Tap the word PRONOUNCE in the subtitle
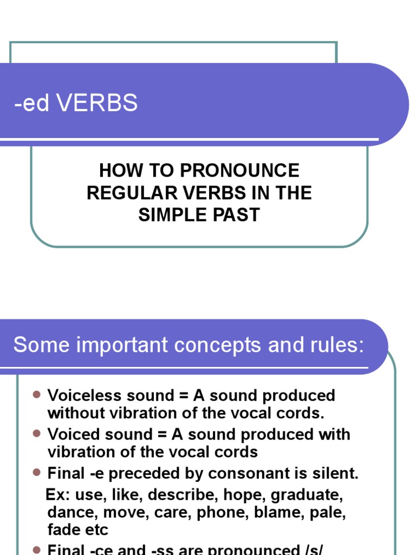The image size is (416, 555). tap(239, 171)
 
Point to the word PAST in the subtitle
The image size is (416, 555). tap(236, 215)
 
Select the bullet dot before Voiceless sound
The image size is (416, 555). tap(37, 395)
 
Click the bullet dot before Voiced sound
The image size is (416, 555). tap(37, 434)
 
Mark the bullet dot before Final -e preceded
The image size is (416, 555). tap(37, 473)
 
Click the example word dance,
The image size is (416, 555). tap(69, 513)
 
